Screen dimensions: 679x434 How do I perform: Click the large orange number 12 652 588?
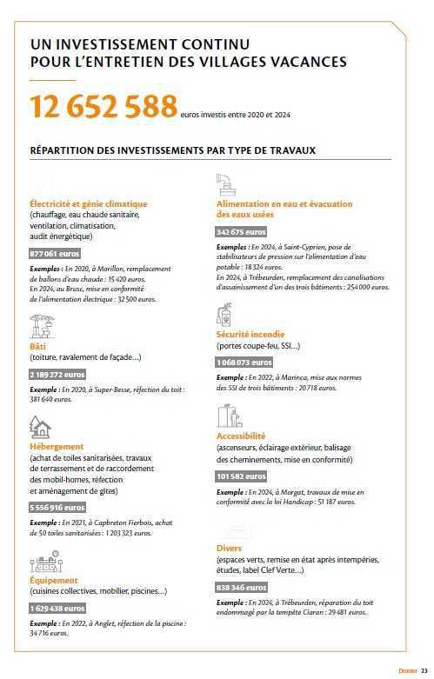(x=103, y=107)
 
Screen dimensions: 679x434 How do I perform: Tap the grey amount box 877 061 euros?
(x=55, y=253)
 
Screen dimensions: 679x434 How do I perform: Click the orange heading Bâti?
(x=37, y=346)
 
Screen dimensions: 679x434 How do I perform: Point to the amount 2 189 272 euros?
(x=57, y=374)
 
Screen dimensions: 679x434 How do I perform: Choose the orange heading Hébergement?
(x=57, y=446)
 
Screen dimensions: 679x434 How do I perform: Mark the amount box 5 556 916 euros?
(x=57, y=507)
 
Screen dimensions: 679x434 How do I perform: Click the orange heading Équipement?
(x=54, y=580)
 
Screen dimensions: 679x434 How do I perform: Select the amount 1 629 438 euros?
(x=57, y=608)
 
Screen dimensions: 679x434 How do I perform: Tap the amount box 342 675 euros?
(x=242, y=232)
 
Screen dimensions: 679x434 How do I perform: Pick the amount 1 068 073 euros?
(x=244, y=362)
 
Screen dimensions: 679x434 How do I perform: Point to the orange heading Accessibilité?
(x=241, y=436)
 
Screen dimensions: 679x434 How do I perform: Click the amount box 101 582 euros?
(x=242, y=476)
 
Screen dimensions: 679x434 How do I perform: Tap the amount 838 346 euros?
(x=242, y=588)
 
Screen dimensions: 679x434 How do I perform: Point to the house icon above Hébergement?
(x=39, y=426)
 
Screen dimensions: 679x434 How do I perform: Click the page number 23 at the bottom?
(x=424, y=671)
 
